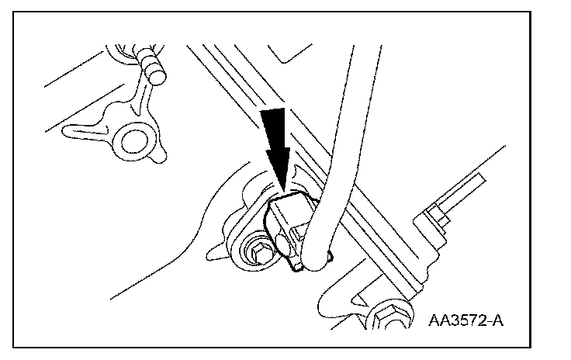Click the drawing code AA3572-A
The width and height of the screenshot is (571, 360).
[462, 320]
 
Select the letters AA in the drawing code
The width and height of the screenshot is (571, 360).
[436, 320]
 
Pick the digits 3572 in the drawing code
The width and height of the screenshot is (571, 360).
[464, 320]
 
